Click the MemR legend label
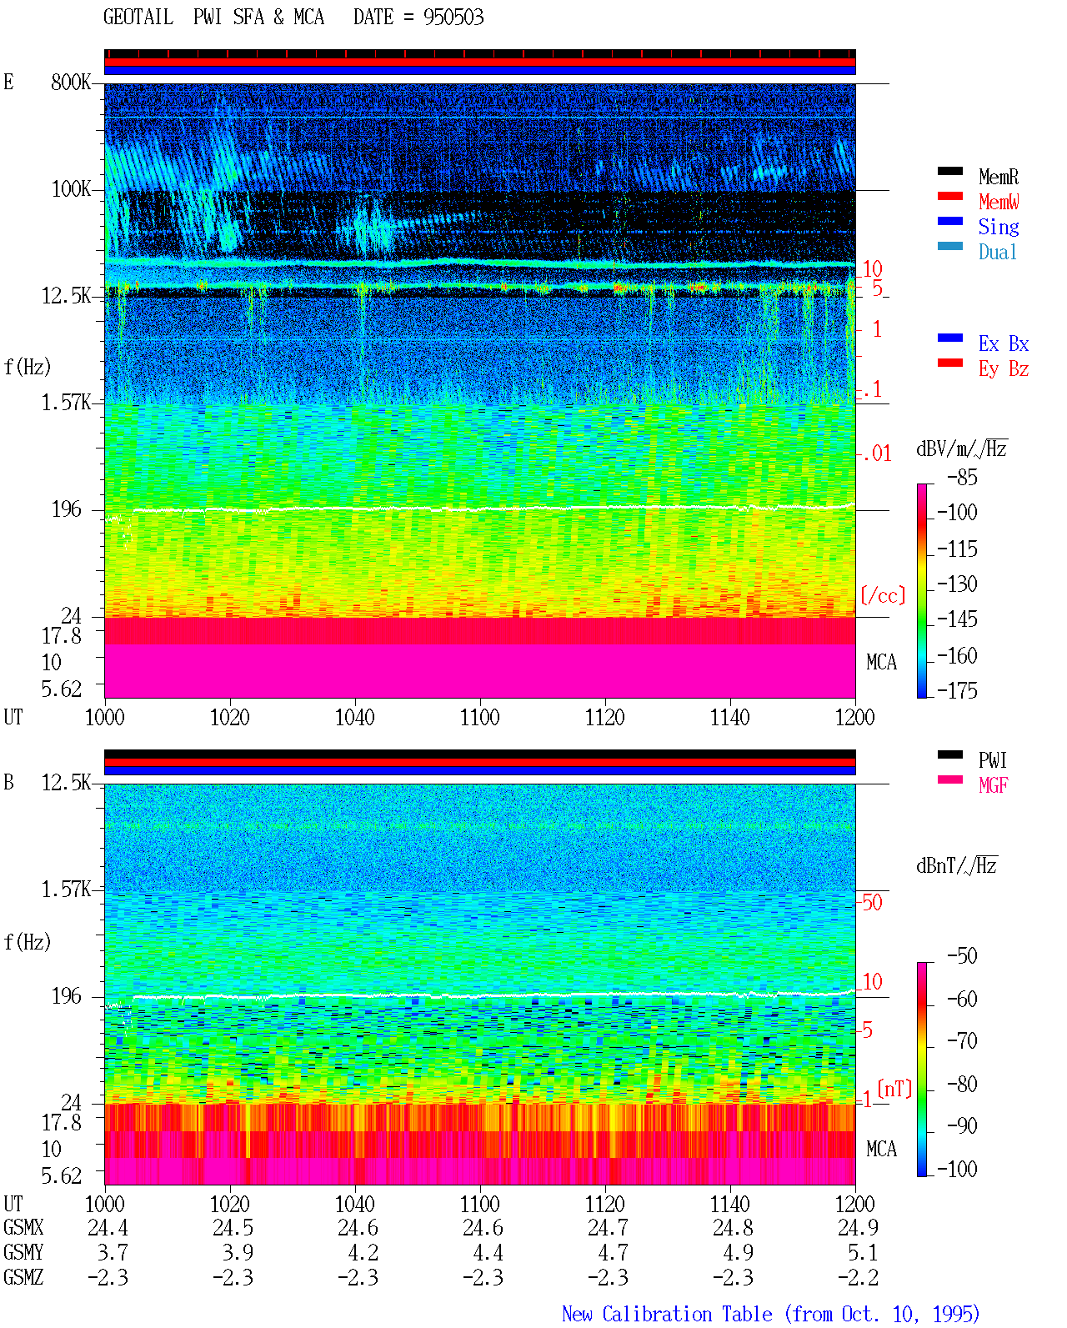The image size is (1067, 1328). [998, 177]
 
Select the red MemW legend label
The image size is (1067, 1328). [998, 202]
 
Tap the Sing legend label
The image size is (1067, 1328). [998, 227]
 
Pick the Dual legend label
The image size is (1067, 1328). [997, 252]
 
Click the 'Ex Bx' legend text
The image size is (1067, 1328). [1003, 343]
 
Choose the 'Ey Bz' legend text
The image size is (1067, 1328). [1003, 369]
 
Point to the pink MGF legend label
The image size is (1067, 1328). [993, 785]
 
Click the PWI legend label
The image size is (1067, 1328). [992, 760]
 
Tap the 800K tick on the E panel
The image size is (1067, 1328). [70, 82]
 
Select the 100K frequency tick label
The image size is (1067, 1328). [70, 189]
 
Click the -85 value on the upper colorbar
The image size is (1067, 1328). [962, 477]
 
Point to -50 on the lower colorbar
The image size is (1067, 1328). [962, 956]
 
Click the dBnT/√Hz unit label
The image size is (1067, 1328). [956, 866]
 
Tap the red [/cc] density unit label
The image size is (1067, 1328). [883, 595]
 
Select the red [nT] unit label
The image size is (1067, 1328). [894, 1089]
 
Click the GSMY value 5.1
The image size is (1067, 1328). [862, 1253]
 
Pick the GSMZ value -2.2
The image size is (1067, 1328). [858, 1277]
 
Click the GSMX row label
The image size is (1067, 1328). [23, 1227]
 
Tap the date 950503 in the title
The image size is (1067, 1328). [453, 18]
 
